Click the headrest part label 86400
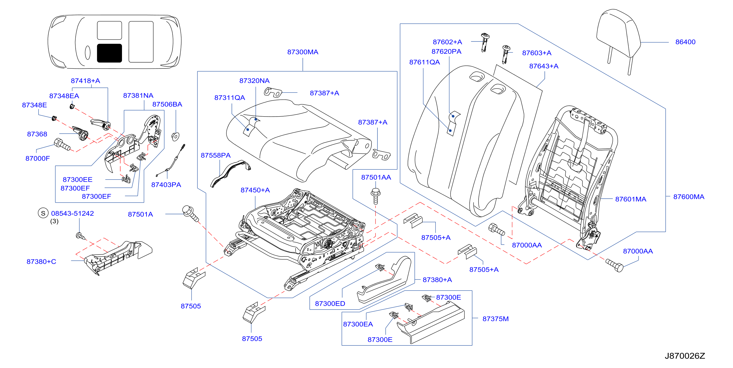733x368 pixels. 685,42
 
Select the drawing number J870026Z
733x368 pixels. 685,356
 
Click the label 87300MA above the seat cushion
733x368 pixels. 303,52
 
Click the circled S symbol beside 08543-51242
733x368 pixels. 43,213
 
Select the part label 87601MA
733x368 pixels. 631,199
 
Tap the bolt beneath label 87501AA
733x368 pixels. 376,196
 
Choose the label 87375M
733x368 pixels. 495,319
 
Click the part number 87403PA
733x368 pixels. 166,185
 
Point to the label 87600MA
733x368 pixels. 689,197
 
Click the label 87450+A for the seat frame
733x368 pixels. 255,190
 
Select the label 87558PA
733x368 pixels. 216,155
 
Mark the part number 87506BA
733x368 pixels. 167,104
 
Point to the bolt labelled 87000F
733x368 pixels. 62,144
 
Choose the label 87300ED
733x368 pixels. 330,304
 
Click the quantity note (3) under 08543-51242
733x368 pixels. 54,221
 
